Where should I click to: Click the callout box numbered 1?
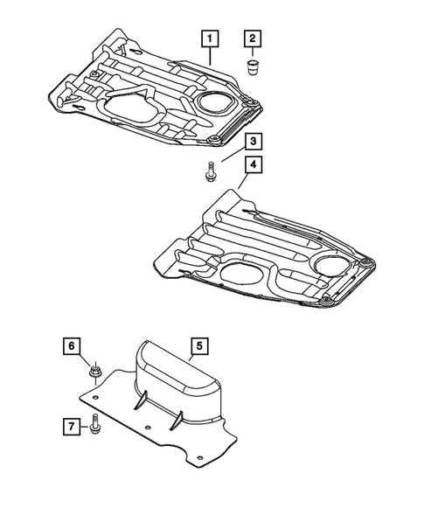point(211,38)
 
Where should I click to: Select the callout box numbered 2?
point(253,38)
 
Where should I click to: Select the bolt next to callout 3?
point(211,171)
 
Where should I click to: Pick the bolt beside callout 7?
point(94,428)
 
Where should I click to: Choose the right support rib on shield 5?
point(175,420)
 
